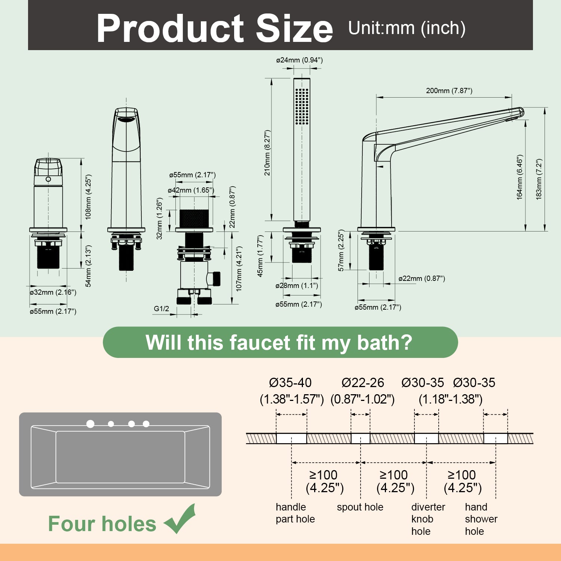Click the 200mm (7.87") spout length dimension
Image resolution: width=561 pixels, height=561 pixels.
click(x=449, y=91)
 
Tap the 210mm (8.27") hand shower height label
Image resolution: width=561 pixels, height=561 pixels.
click(x=267, y=153)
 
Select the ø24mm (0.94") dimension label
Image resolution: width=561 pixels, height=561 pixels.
click(x=299, y=60)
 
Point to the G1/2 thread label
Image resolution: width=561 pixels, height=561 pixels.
click(x=161, y=309)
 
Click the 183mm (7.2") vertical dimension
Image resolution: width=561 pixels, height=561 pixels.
click(x=539, y=179)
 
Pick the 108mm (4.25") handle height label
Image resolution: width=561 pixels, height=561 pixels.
click(x=88, y=197)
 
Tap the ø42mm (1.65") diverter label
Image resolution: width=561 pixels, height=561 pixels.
click(x=191, y=190)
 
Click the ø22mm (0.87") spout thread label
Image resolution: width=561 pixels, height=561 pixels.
click(x=421, y=278)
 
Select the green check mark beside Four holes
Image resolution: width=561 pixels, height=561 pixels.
click(x=180, y=519)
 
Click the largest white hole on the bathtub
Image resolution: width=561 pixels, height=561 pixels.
click(x=90, y=424)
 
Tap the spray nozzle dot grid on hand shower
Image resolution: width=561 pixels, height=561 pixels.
click(x=302, y=106)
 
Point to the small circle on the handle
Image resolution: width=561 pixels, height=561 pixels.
click(x=48, y=179)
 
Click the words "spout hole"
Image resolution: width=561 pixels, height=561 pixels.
click(x=360, y=507)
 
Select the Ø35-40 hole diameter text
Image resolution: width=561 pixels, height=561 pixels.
click(x=290, y=383)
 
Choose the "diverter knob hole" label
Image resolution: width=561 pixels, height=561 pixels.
click(x=428, y=519)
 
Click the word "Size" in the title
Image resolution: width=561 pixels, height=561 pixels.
click(x=294, y=28)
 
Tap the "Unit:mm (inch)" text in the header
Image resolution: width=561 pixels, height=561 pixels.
click(x=407, y=28)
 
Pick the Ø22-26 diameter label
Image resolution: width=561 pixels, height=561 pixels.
click(x=363, y=383)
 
